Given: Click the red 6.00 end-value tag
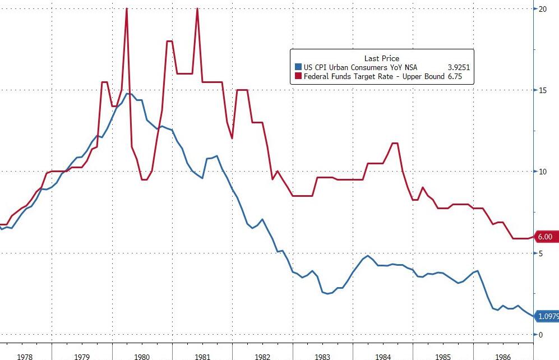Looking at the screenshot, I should point(546,237).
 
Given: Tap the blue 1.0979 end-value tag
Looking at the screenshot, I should point(547,317).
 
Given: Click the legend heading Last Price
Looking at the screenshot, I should point(382,58).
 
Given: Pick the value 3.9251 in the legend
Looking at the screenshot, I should point(458,67).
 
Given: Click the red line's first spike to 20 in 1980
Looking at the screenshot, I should point(127,9).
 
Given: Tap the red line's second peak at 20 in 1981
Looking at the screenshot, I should point(197,9).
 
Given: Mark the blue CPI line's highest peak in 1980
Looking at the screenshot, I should point(128,94).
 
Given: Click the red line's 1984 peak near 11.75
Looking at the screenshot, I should point(395,144).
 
